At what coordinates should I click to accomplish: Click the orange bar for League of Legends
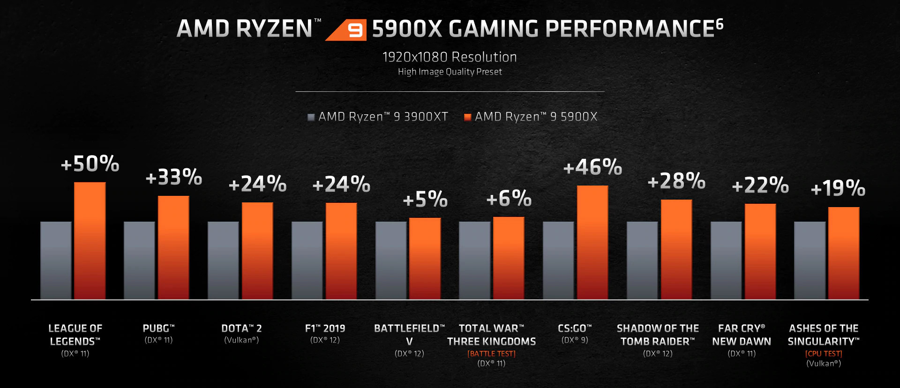pyautogui.click(x=90, y=241)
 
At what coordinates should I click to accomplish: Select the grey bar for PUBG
pyautogui.click(x=139, y=260)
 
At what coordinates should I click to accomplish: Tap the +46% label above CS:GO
pyautogui.click(x=592, y=167)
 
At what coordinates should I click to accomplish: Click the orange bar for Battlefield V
pyautogui.click(x=425, y=259)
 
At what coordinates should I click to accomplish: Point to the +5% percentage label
pyautogui.click(x=425, y=199)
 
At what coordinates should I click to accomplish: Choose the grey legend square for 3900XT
pyautogui.click(x=311, y=117)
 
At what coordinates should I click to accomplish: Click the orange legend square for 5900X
pyautogui.click(x=467, y=117)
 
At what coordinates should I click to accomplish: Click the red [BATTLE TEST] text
pyautogui.click(x=491, y=354)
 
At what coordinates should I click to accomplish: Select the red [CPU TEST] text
pyautogui.click(x=824, y=354)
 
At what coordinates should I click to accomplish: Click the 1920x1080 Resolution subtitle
pyautogui.click(x=450, y=57)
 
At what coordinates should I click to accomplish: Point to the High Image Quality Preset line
pyautogui.click(x=450, y=72)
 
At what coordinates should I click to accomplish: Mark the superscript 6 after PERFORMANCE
pyautogui.click(x=720, y=23)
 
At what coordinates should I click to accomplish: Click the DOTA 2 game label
pyautogui.click(x=241, y=328)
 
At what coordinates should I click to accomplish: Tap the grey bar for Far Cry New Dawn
pyautogui.click(x=726, y=260)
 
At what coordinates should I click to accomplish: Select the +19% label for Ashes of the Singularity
pyautogui.click(x=838, y=188)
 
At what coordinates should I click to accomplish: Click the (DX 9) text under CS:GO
pyautogui.click(x=575, y=340)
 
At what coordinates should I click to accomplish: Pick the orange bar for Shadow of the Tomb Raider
pyautogui.click(x=676, y=249)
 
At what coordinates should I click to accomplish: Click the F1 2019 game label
pyautogui.click(x=325, y=328)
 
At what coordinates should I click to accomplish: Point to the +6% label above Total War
pyautogui.click(x=509, y=199)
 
